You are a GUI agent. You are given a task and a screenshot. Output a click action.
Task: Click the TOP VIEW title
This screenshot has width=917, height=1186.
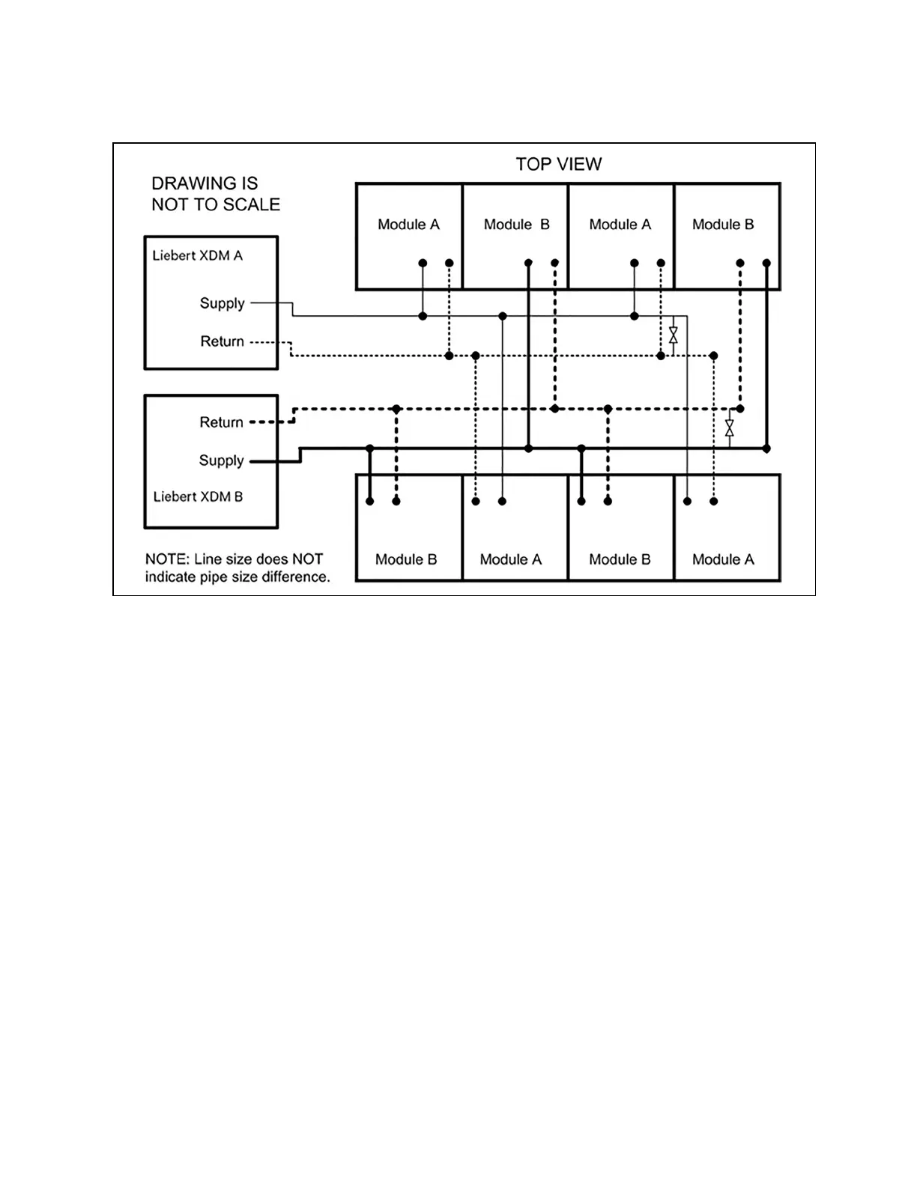coord(558,164)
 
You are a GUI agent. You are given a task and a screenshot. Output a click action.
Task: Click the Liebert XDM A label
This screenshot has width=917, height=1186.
coord(197,255)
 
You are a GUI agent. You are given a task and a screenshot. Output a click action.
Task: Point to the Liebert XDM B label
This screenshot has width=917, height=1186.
coord(198,496)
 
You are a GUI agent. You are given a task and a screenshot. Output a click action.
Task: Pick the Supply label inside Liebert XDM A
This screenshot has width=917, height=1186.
coord(222,303)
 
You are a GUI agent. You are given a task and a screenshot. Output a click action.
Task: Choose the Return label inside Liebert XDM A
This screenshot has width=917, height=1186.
coord(222,341)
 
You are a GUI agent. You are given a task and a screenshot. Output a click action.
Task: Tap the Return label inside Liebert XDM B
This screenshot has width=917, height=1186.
coord(221,422)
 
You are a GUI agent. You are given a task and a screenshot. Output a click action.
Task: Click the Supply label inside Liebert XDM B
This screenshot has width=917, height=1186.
coord(221,460)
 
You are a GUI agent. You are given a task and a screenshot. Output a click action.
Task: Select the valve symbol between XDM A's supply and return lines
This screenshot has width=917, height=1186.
coord(673,335)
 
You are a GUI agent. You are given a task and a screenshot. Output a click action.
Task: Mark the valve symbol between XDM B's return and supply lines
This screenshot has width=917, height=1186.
coord(729,428)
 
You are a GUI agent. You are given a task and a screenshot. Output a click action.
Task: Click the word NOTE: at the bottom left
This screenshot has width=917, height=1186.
coord(167,559)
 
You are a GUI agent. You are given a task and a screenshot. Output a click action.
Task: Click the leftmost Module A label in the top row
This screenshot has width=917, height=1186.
coord(408,225)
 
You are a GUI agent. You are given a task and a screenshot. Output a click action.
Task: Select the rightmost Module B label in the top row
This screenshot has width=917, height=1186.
coord(723,225)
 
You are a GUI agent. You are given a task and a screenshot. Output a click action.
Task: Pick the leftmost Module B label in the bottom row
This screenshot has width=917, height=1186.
coord(405,559)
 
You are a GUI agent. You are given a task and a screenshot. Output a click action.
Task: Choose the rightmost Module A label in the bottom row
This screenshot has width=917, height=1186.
coord(723,559)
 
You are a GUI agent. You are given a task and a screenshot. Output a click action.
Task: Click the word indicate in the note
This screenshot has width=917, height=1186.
coord(169,577)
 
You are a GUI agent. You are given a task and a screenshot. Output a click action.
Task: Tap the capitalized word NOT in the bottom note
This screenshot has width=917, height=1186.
coord(307,559)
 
